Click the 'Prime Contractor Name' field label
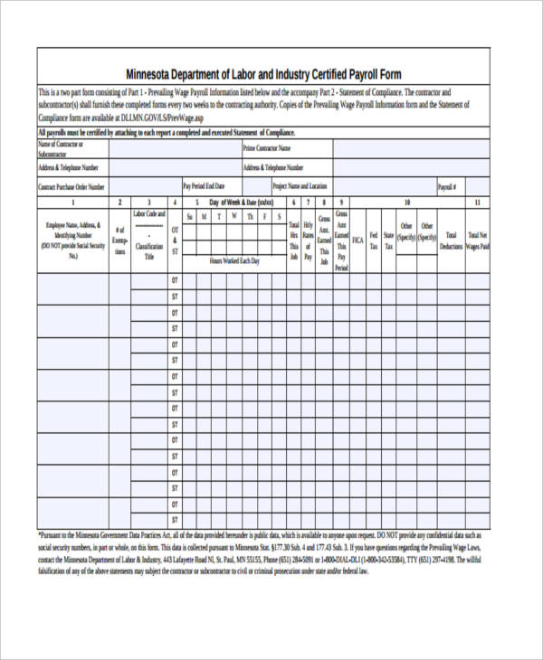(x=266, y=147)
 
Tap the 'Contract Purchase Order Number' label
(x=71, y=187)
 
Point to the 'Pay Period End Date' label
(x=209, y=187)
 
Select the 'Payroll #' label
(x=447, y=187)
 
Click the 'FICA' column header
(x=357, y=240)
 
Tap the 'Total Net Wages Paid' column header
(x=477, y=240)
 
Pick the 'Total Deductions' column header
(x=451, y=240)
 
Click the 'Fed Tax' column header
(x=373, y=240)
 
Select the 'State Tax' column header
(x=388, y=240)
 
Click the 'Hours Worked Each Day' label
(x=234, y=260)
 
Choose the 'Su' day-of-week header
(x=189, y=217)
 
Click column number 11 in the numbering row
(x=477, y=203)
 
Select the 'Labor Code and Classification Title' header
(x=149, y=235)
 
